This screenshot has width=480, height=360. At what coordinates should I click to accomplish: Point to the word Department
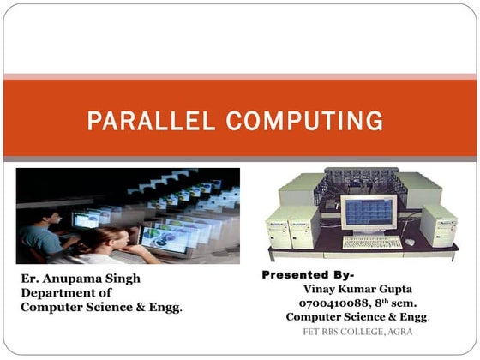pos(57,292)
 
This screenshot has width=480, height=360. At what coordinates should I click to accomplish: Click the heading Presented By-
pos(305,275)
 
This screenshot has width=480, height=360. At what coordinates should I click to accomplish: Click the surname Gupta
pos(393,289)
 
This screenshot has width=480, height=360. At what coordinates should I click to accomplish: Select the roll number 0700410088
pos(332,303)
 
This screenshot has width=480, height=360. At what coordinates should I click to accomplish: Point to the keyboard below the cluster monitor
pos(372,242)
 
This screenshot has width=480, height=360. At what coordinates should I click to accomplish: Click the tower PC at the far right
pos(438,225)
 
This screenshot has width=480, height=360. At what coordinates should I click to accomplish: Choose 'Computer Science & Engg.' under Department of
pos(101,306)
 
